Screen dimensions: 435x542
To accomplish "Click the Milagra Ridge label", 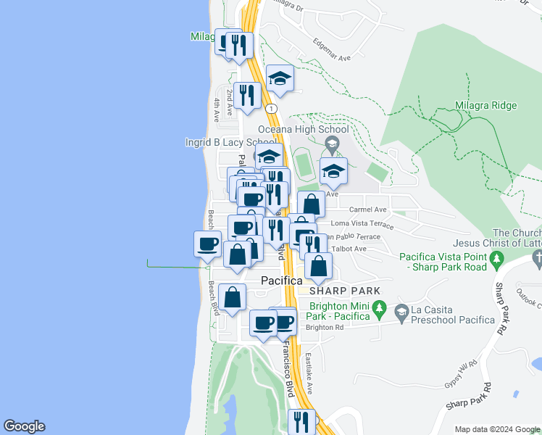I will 485,105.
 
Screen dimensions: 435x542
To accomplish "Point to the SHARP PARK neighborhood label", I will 344,291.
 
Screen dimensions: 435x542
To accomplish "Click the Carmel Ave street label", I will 368,210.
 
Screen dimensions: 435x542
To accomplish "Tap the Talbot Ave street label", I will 349,249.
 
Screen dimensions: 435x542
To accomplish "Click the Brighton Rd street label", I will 324,327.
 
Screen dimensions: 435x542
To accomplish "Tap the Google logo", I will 24,426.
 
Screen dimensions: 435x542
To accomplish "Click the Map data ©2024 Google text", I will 497,429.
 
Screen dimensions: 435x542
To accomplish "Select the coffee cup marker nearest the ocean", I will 207,243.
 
